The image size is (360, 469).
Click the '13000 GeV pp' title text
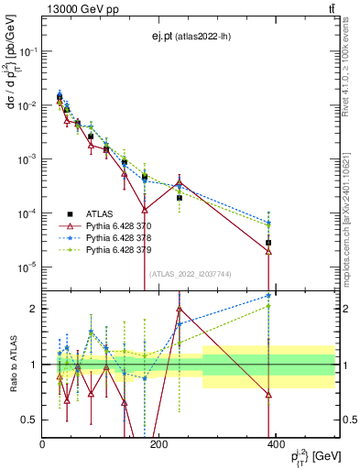[x=78, y=9]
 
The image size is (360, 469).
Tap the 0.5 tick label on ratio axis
[x=31, y=420]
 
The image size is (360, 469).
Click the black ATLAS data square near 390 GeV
[x=268, y=243]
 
